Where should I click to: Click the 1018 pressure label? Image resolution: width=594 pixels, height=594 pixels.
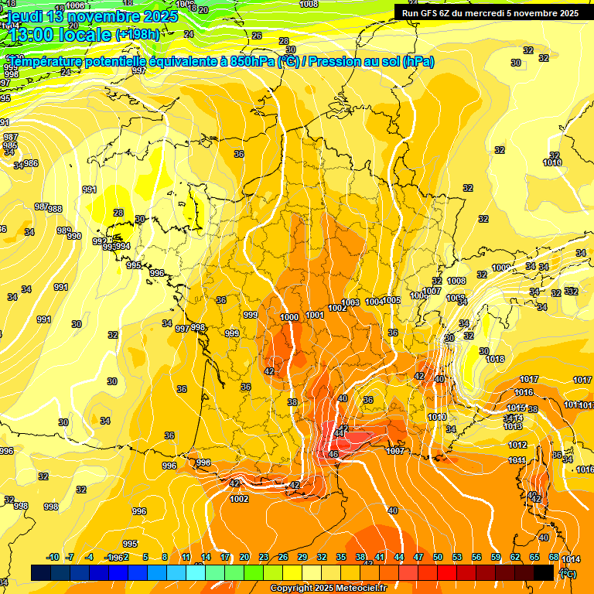(495, 359)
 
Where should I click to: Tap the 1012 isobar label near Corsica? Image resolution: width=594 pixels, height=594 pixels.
(517, 445)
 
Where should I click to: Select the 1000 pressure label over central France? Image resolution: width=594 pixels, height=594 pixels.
(290, 317)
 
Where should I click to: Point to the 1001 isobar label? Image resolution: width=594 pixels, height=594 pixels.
(315, 315)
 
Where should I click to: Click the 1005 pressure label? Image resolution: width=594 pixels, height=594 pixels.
(392, 300)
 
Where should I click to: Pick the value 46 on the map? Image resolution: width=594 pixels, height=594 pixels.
(333, 454)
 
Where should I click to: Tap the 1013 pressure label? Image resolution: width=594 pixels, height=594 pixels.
(513, 426)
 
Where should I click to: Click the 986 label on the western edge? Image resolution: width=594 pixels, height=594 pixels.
(30, 163)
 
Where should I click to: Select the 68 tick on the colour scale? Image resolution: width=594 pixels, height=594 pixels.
(554, 557)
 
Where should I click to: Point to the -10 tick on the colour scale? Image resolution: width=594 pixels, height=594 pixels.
(53, 557)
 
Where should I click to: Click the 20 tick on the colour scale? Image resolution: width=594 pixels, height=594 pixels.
(244, 557)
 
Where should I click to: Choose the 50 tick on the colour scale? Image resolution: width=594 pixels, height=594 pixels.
(438, 557)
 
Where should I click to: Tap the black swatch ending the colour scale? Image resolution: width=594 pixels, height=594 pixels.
(544, 572)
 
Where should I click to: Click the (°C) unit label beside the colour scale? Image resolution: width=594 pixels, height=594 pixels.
(568, 573)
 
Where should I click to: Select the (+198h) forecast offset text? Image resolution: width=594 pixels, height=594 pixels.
(137, 35)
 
